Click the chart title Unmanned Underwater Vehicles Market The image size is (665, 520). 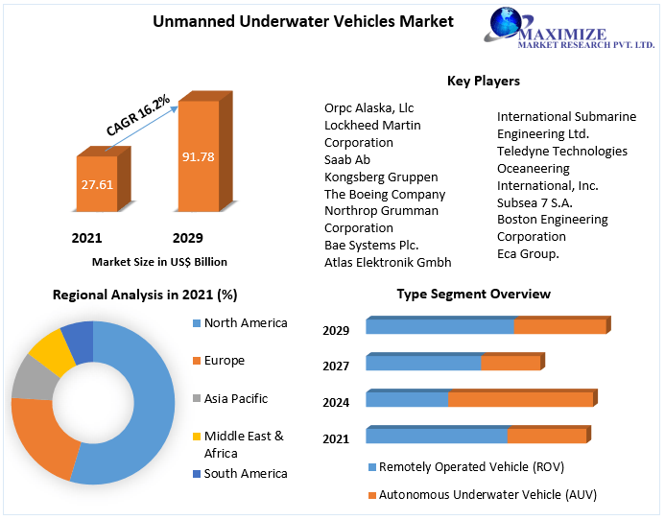pyautogui.click(x=303, y=22)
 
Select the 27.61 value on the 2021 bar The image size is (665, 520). pyautogui.click(x=97, y=183)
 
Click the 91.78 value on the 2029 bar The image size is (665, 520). pyautogui.click(x=198, y=155)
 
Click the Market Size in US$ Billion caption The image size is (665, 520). pyautogui.click(x=159, y=261)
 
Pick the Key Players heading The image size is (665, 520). pyautogui.click(x=484, y=81)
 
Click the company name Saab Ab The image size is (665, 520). pyautogui.click(x=347, y=159)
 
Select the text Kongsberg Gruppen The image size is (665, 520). pyautogui.click(x=381, y=177)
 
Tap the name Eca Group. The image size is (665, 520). pyautogui.click(x=528, y=253)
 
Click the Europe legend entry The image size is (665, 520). pyautogui.click(x=224, y=361)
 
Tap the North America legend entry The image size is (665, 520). pyautogui.click(x=245, y=323)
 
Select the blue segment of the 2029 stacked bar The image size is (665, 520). pyautogui.click(x=439, y=326)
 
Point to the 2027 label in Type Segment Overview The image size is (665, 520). pyautogui.click(x=336, y=366)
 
